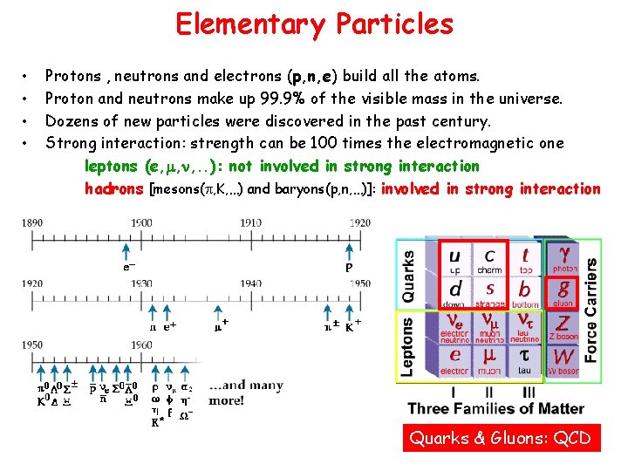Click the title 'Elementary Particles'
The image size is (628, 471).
click(x=314, y=24)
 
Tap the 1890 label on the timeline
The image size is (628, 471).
click(x=31, y=222)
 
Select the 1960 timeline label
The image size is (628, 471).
click(x=140, y=345)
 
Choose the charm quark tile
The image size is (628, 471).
click(x=491, y=259)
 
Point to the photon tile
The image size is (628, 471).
click(x=564, y=257)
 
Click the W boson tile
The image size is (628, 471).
click(x=563, y=358)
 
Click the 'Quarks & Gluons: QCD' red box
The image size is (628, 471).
click(x=502, y=438)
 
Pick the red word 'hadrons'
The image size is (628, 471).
click(x=113, y=188)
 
